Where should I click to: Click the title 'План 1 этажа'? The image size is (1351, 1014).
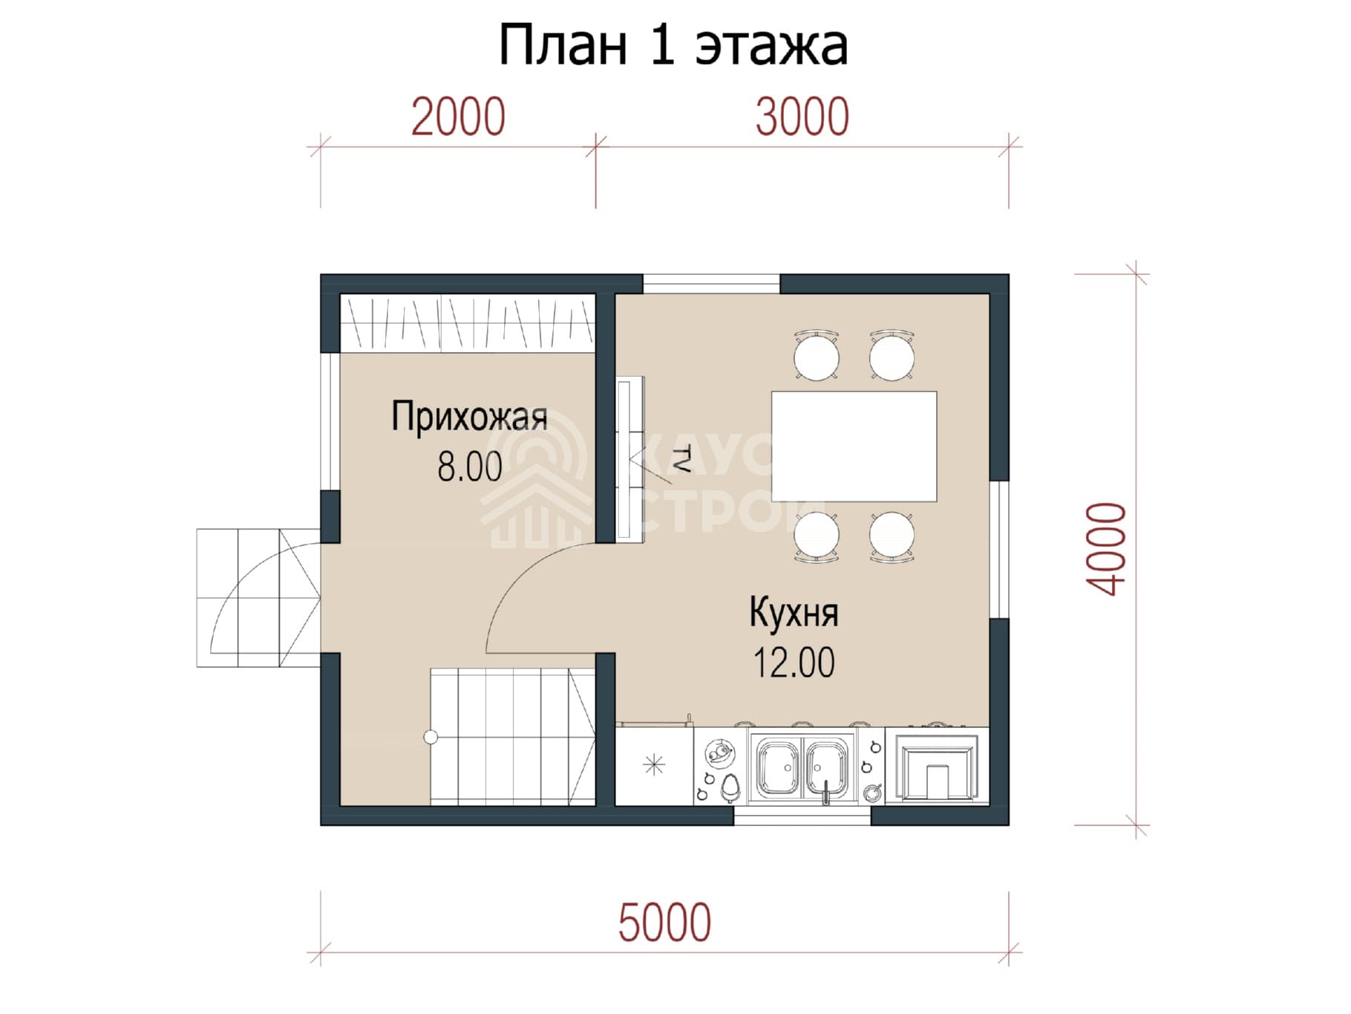(673, 45)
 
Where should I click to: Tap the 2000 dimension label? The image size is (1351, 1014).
(458, 117)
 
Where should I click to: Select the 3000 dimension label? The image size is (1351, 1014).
(802, 117)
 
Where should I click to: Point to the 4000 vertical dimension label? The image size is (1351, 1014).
(1107, 549)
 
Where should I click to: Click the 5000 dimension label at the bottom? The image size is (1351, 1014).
(664, 923)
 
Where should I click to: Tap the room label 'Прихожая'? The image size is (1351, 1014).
(469, 417)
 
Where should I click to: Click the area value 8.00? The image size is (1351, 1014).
(469, 467)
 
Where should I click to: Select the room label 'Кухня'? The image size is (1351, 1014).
(794, 613)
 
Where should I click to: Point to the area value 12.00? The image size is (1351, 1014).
(794, 663)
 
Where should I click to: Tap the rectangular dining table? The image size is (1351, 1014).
(854, 446)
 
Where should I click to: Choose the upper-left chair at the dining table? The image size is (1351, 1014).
(817, 356)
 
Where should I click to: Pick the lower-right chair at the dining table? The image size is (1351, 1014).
(892, 536)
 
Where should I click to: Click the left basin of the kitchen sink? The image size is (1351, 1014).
(777, 767)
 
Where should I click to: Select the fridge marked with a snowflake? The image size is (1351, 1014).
(654, 765)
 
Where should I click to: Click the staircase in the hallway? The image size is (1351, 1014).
(512, 736)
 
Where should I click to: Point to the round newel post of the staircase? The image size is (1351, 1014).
(431, 737)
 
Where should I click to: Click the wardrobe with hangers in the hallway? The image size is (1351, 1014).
(468, 323)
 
